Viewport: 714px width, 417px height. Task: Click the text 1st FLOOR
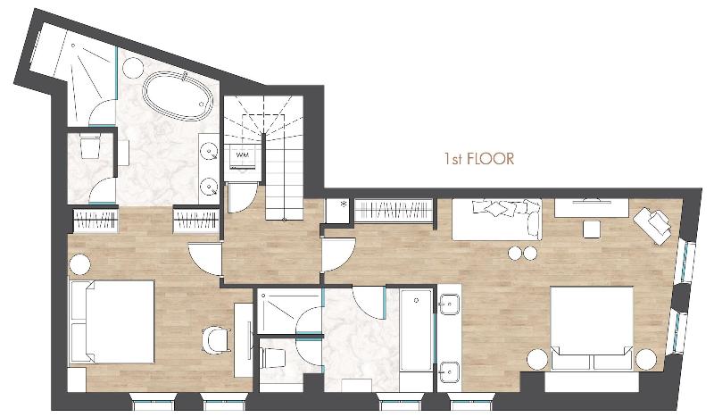[x=479, y=159]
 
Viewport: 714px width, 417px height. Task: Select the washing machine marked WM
[x=243, y=156]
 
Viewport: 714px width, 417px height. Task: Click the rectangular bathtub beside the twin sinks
[x=416, y=329]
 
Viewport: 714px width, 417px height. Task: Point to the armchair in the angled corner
[x=653, y=225]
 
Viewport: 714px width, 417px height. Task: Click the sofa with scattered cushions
[x=497, y=219]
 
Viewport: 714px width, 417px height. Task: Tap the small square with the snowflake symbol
[x=337, y=212]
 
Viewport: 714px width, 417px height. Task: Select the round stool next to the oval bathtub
[x=134, y=69]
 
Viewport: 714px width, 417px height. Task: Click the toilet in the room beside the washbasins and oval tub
[x=90, y=146]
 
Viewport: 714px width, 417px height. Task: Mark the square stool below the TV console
[x=592, y=229]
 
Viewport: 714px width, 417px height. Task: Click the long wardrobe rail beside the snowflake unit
[x=393, y=212]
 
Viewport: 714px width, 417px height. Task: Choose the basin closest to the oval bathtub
[x=210, y=150]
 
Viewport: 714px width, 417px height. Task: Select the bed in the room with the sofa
[x=592, y=328]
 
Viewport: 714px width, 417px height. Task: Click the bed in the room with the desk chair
[x=112, y=321]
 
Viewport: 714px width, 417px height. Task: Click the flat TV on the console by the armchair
[x=592, y=200]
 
